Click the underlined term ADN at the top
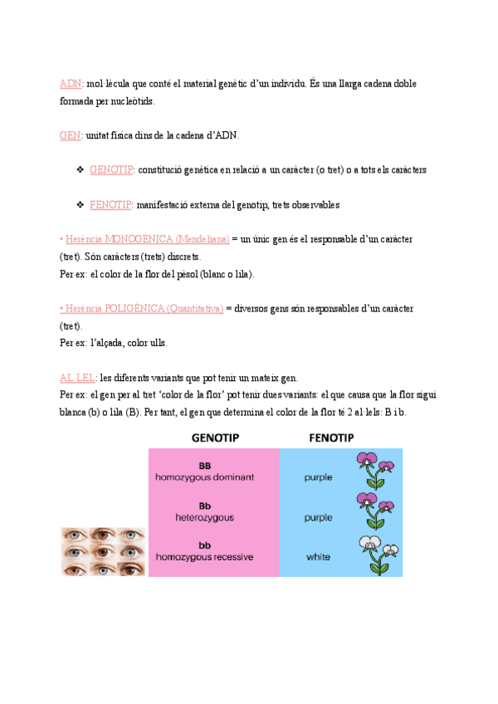[71, 84]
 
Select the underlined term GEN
[71, 135]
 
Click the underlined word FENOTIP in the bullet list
[111, 204]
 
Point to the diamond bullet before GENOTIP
[80, 169]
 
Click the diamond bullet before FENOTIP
[80, 204]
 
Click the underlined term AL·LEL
[77, 378]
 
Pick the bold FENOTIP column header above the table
[331, 438]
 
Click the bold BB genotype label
[205, 466]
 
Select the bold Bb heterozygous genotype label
[205, 505]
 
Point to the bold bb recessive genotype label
[205, 545]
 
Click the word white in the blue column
[319, 555]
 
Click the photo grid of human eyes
[103, 551]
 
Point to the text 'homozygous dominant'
[205, 477]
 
